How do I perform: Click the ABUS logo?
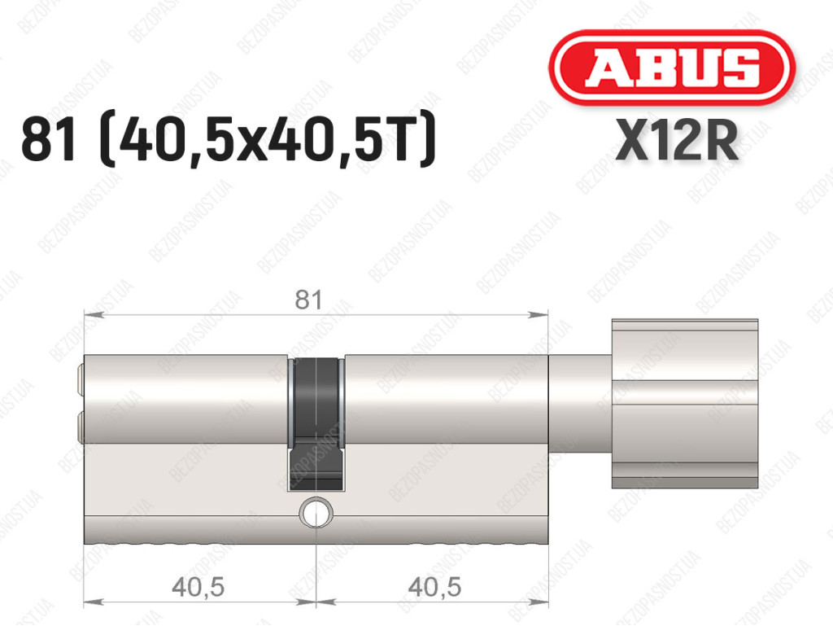tap(671, 68)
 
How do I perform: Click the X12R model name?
tap(677, 140)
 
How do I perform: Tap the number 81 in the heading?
tap(47, 141)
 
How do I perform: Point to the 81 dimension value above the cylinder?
tap(308, 300)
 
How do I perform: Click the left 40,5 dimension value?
tap(198, 587)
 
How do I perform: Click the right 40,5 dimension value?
tap(434, 587)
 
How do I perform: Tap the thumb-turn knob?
tap(685, 404)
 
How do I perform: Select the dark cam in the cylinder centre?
tap(316, 424)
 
